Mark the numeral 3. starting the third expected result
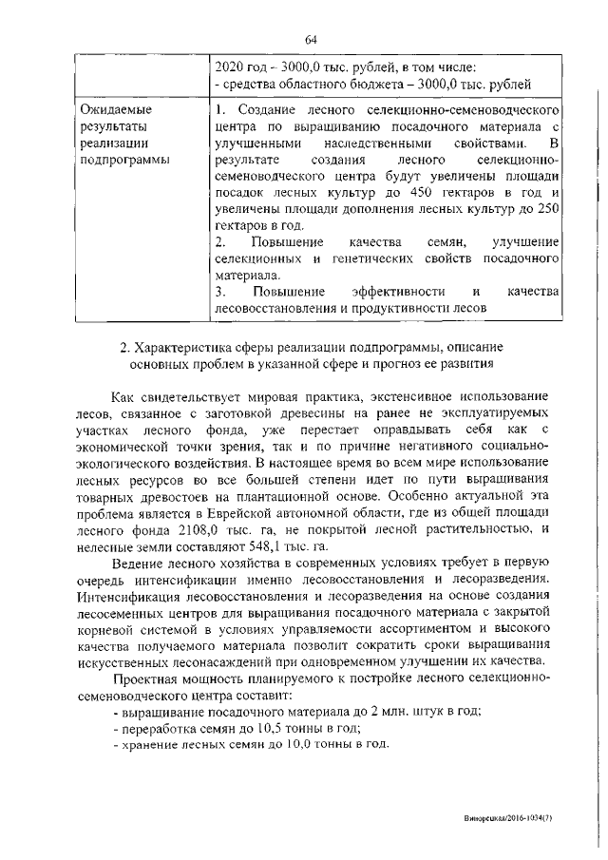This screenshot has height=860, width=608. point(220,290)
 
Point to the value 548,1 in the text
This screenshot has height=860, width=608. point(269,549)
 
